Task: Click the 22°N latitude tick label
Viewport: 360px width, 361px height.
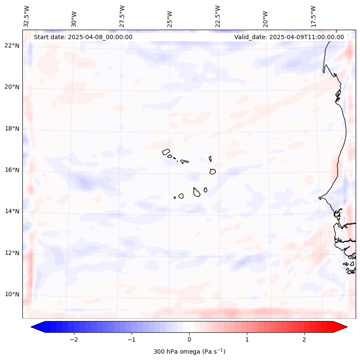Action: (x=12, y=46)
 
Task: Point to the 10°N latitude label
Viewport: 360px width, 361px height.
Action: (x=12, y=295)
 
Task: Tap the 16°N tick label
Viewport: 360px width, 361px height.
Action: (x=12, y=170)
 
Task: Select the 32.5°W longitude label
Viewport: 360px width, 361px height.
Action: (x=27, y=16)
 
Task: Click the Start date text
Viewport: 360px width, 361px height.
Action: (x=83, y=37)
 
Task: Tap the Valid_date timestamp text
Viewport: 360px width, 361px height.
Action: (x=289, y=37)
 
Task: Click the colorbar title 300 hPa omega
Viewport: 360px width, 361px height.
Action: (x=189, y=352)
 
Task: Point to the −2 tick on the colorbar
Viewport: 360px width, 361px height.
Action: (x=74, y=339)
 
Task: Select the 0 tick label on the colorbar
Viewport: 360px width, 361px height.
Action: (x=189, y=339)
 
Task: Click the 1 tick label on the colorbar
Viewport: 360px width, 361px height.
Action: (x=247, y=339)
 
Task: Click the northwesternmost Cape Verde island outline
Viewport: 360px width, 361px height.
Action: (x=166, y=151)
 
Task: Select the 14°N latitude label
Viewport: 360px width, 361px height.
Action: (x=12, y=211)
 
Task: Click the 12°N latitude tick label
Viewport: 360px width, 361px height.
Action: (x=12, y=253)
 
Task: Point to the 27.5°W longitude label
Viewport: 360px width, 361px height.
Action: (x=122, y=16)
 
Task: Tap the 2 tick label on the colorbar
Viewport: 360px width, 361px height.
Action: (x=305, y=339)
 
